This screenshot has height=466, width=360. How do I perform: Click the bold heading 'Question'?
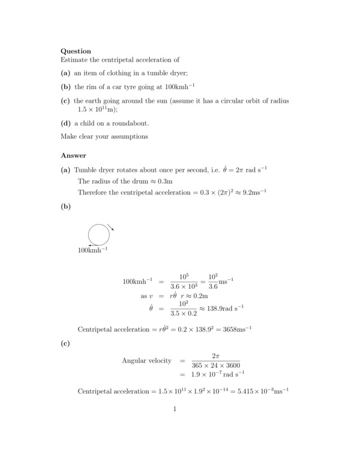click(x=76, y=52)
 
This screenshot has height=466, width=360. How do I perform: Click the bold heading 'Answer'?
click(x=73, y=156)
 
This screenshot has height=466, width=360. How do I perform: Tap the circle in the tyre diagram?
click(x=98, y=234)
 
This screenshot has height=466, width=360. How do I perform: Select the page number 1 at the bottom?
click(x=174, y=410)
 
